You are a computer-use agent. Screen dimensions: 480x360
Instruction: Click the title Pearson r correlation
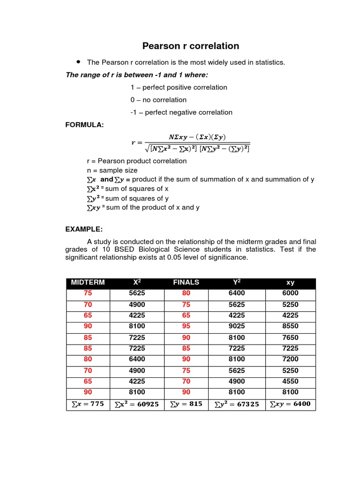click(x=191, y=46)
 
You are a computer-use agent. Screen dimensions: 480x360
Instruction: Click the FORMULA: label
click(x=84, y=125)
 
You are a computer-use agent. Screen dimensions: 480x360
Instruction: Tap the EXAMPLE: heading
click(x=84, y=229)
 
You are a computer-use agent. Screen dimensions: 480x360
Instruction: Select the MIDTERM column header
click(x=88, y=282)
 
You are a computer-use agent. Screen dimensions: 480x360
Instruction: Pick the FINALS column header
click(x=186, y=282)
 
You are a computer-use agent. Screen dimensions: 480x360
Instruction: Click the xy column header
click(x=290, y=283)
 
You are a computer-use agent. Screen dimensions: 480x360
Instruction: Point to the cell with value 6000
click(x=290, y=293)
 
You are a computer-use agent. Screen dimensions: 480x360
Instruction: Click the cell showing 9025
click(x=237, y=326)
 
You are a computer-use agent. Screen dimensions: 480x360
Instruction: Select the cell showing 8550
click(x=290, y=326)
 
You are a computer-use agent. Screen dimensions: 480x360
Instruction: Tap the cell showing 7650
click(x=290, y=337)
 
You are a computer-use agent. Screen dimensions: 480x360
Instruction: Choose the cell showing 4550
click(x=290, y=381)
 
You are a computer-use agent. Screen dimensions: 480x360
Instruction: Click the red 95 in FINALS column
click(x=186, y=326)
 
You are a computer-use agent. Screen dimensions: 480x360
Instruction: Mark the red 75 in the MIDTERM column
click(x=88, y=293)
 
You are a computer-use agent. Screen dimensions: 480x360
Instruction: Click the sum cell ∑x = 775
click(x=88, y=404)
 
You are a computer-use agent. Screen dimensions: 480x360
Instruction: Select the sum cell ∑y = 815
click(x=186, y=404)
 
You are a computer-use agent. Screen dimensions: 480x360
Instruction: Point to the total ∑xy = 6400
click(x=290, y=404)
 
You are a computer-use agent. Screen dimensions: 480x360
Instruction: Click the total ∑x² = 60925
click(x=137, y=404)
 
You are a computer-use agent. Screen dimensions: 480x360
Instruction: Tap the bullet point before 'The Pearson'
click(x=77, y=62)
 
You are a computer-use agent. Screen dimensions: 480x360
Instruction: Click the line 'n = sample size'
click(x=112, y=170)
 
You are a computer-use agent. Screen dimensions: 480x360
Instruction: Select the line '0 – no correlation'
click(x=158, y=100)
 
